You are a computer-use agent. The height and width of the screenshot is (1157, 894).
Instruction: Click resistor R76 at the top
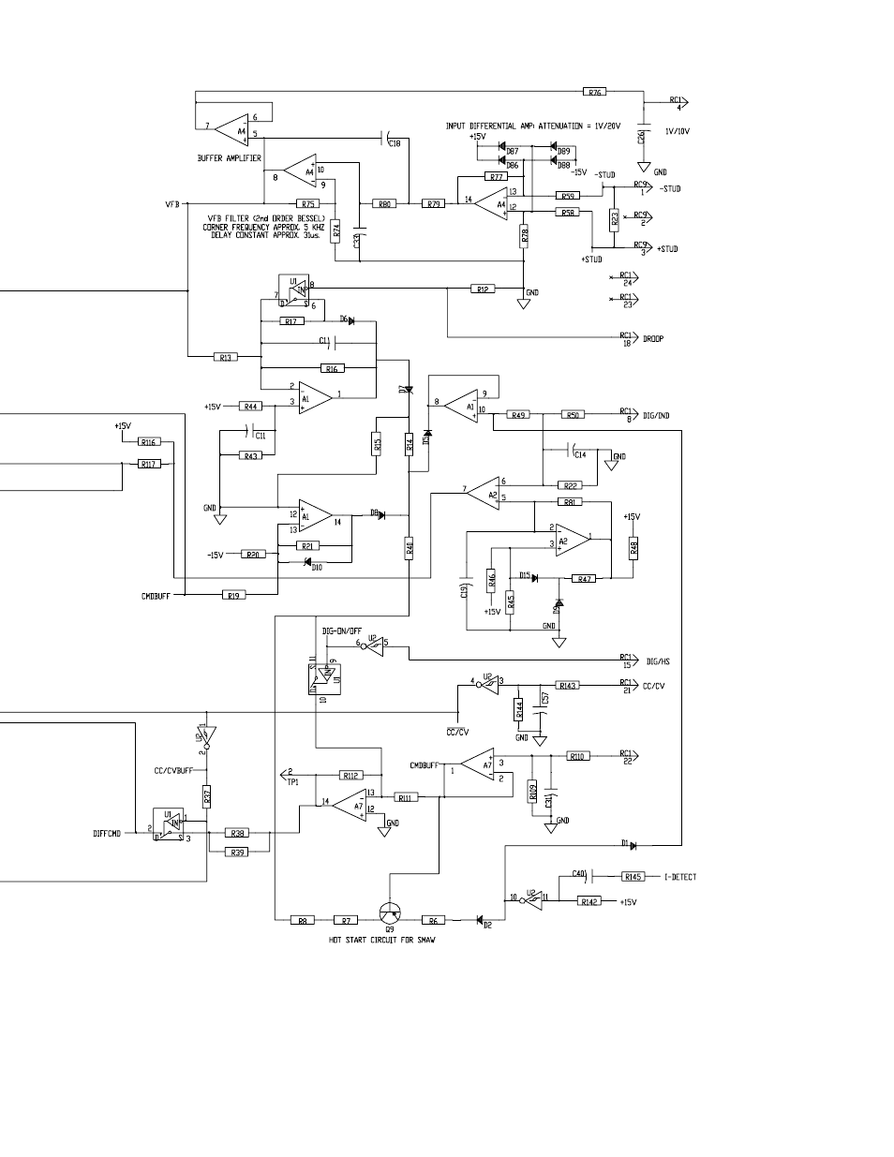click(x=594, y=92)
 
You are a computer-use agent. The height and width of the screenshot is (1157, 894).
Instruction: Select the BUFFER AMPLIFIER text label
click(x=229, y=159)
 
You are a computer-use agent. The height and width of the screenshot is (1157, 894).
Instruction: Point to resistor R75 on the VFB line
click(x=306, y=203)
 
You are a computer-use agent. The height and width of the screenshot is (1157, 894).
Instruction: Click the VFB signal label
click(x=171, y=203)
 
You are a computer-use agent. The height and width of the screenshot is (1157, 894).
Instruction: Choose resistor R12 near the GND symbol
click(x=482, y=289)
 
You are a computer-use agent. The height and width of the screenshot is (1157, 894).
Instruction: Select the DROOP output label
click(x=653, y=338)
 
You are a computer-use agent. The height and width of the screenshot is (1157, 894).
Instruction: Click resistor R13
click(x=225, y=357)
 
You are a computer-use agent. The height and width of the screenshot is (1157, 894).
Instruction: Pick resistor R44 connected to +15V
click(x=249, y=407)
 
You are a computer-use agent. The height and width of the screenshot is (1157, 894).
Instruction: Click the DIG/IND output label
click(x=657, y=414)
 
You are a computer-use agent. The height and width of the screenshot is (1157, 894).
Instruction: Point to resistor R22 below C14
click(x=570, y=485)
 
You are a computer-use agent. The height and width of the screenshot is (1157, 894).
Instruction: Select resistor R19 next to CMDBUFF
click(x=233, y=594)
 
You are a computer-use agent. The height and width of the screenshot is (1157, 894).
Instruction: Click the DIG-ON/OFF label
click(x=341, y=631)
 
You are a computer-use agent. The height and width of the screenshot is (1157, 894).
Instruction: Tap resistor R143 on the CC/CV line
click(x=568, y=686)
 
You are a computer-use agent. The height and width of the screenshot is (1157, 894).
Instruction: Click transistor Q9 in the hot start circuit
click(x=389, y=914)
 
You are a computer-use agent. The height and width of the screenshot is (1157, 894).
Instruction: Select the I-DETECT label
click(x=679, y=877)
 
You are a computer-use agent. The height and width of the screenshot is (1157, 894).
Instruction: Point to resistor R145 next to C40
click(x=633, y=877)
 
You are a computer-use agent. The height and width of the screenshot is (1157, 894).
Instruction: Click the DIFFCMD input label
click(x=108, y=833)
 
